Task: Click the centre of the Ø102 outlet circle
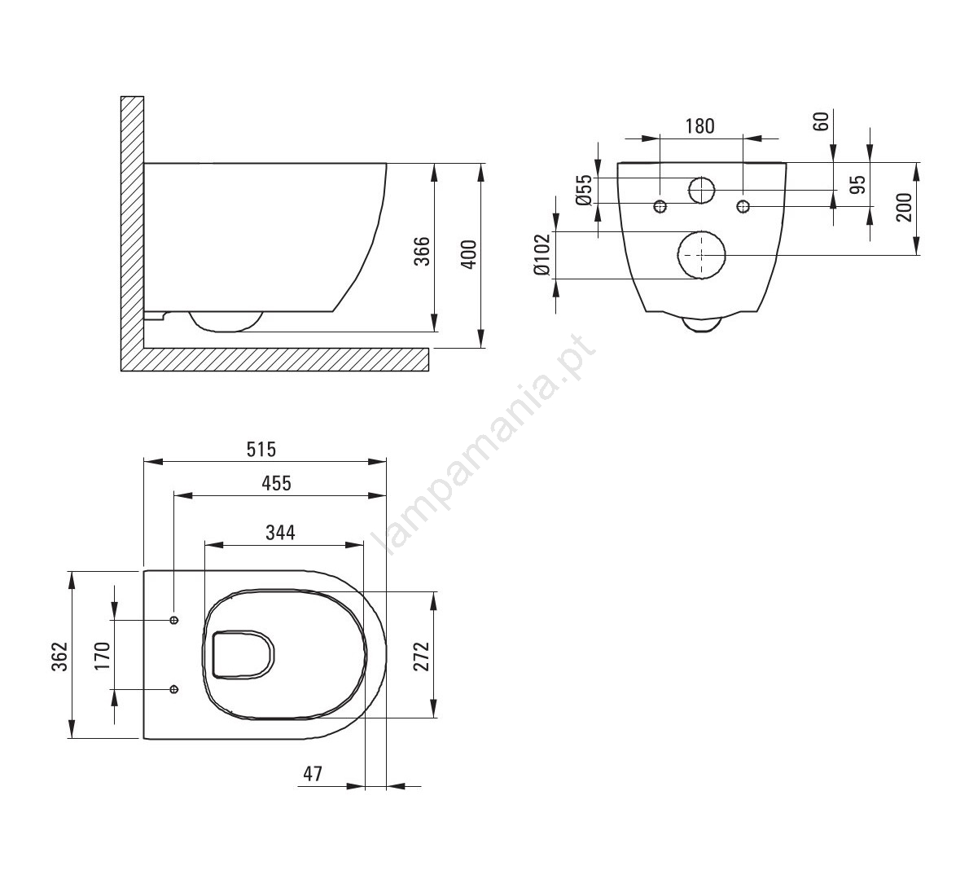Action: [x=701, y=255]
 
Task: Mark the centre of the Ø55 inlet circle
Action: [x=701, y=190]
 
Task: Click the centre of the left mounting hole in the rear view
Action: [x=660, y=206]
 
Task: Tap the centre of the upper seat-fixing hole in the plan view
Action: [x=174, y=619]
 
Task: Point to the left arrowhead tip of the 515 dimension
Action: [x=144, y=461]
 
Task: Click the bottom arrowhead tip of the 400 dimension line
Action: [x=480, y=347]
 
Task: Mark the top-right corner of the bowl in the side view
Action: [x=387, y=163]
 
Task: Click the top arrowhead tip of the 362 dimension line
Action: [x=73, y=571]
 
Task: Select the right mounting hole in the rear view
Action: [x=743, y=206]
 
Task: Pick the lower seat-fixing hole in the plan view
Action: [x=174, y=688]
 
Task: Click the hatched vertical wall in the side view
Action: [x=132, y=222]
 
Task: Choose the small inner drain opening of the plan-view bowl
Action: [x=243, y=654]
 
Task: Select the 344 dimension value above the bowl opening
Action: [x=280, y=532]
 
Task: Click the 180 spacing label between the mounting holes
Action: [x=699, y=126]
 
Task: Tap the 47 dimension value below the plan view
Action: [x=313, y=773]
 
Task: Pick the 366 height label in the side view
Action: [x=421, y=250]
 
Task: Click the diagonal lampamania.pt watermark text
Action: [x=489, y=442]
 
